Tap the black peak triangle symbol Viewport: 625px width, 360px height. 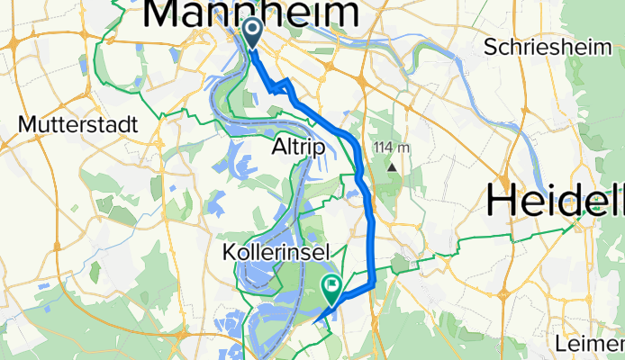coord(393,166)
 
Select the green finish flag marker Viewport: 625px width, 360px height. coord(332,291)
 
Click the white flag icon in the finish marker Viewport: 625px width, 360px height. coord(332,288)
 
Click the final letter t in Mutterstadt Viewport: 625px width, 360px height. coord(133,124)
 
